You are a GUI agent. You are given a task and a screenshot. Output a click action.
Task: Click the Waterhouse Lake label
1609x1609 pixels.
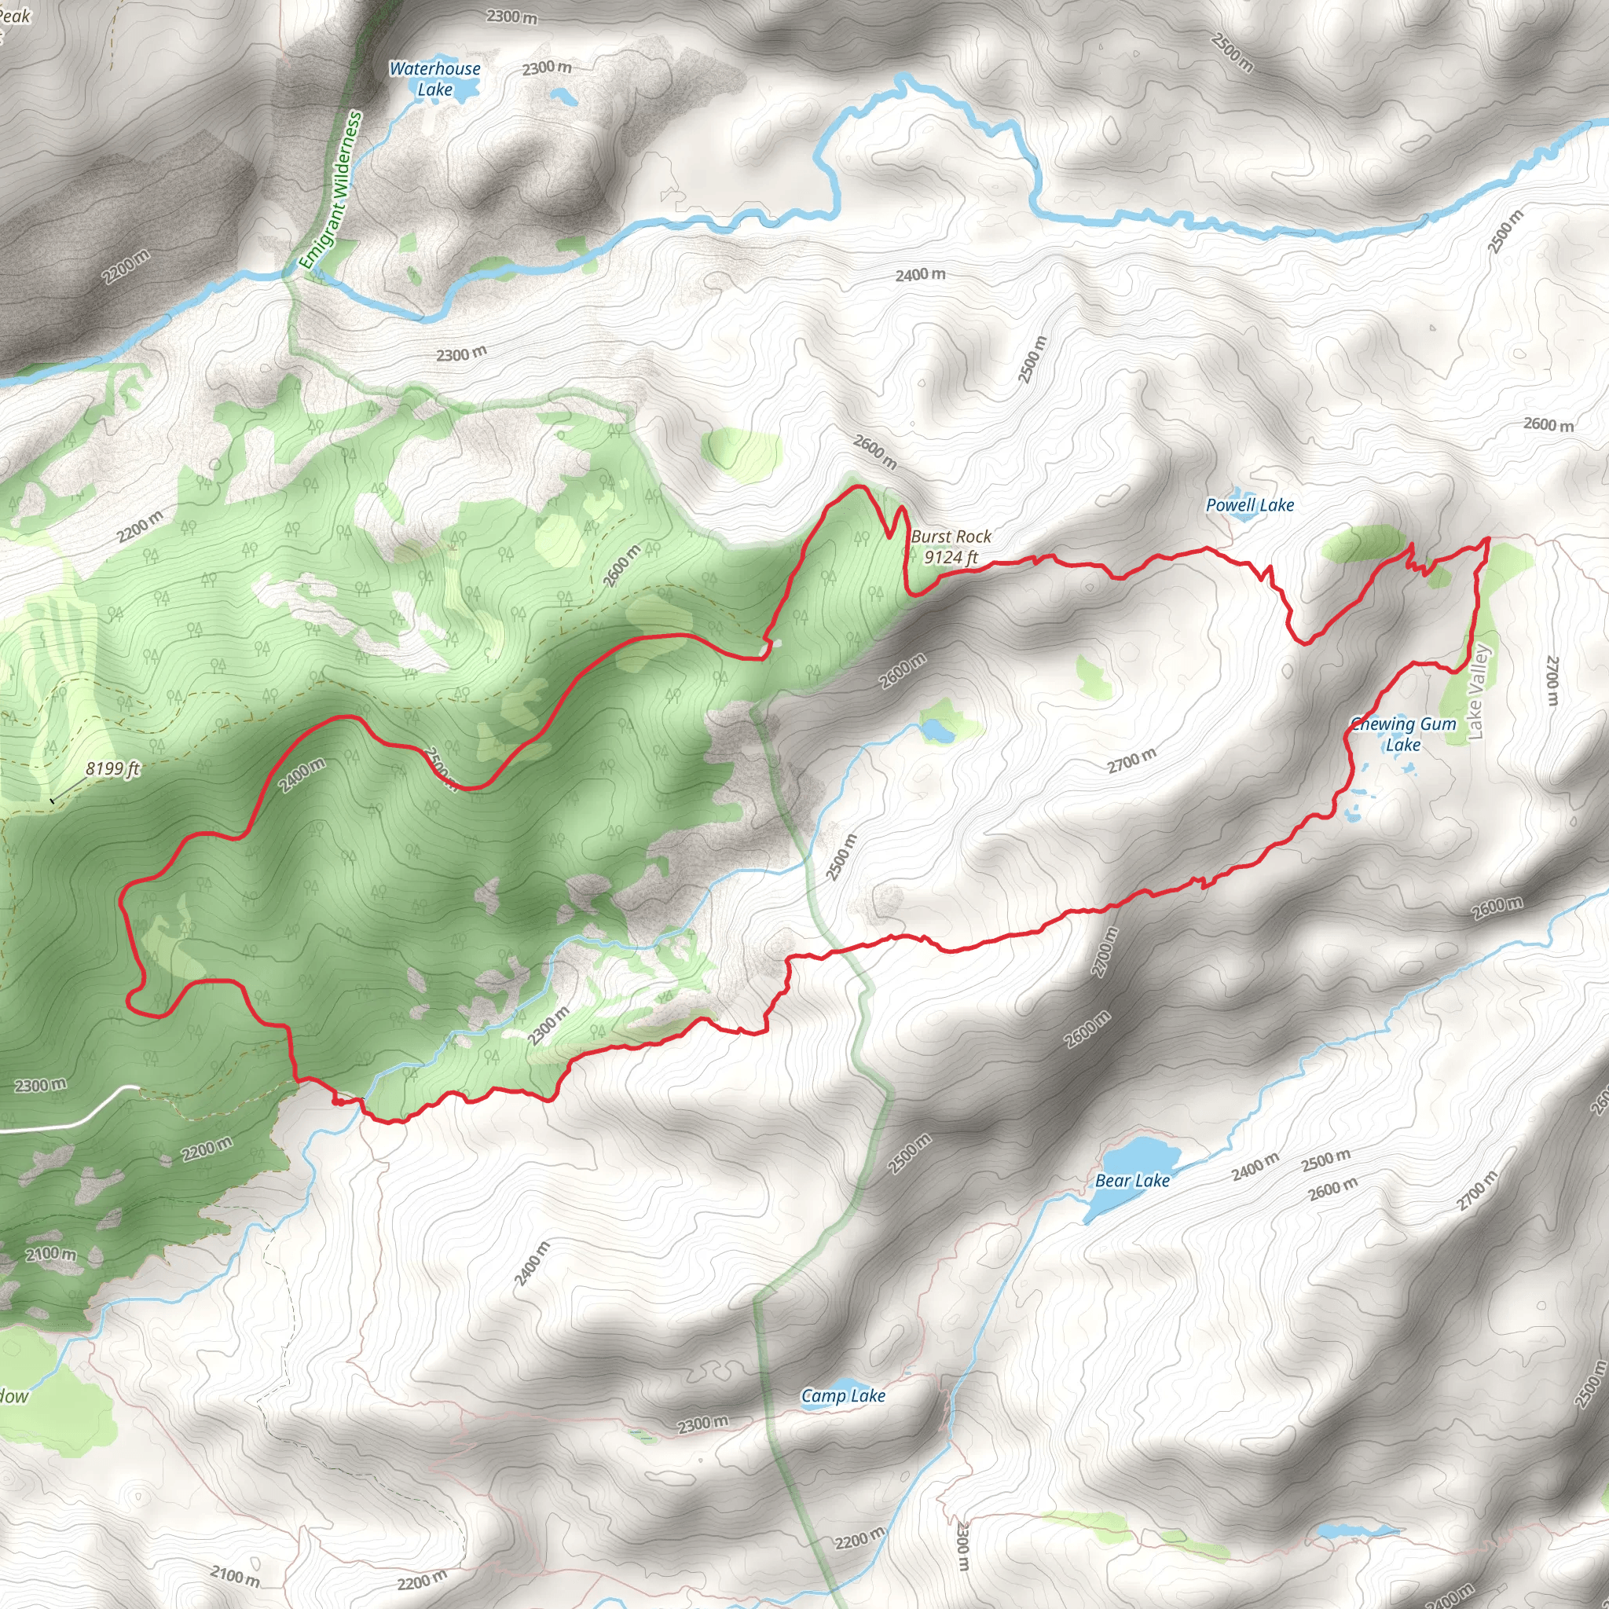coord(434,79)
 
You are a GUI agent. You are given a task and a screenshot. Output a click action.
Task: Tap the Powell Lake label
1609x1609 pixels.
coord(1249,504)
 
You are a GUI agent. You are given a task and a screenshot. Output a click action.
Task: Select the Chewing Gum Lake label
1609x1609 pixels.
coord(1404,735)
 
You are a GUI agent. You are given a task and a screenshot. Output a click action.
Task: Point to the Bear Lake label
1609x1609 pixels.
coord(1132,1181)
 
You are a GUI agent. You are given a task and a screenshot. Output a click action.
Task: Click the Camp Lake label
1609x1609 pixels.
coord(843,1396)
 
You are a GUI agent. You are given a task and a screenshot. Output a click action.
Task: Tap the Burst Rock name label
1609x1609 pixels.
coord(951,537)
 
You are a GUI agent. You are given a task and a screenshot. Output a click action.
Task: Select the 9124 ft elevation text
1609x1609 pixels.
coord(951,557)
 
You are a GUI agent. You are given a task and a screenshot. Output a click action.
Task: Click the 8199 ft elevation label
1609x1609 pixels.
coord(112,768)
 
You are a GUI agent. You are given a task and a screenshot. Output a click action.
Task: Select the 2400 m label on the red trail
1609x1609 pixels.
coord(302,775)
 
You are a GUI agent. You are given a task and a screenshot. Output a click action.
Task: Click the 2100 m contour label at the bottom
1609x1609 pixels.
coord(235,1576)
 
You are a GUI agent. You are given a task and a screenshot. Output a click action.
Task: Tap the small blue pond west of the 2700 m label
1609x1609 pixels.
coord(939,732)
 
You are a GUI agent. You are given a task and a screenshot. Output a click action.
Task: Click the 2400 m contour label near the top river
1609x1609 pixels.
coord(920,274)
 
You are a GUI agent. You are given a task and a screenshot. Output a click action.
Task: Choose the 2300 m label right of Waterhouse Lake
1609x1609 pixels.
coord(547,68)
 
